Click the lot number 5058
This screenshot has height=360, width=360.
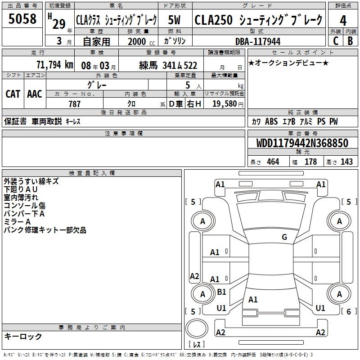click(22, 19)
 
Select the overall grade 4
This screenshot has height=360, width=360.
click(343, 21)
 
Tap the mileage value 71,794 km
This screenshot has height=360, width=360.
click(55, 65)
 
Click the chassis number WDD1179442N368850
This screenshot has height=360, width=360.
click(302, 143)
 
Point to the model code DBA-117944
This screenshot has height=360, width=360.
click(258, 41)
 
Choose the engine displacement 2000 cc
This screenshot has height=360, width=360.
click(141, 41)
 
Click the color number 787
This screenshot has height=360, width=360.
click(74, 104)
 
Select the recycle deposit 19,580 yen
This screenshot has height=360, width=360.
click(228, 104)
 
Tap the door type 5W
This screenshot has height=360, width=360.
click(174, 20)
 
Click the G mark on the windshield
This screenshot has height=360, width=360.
click(284, 237)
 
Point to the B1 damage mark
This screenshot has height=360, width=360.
click(221, 292)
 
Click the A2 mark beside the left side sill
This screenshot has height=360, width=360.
click(194, 276)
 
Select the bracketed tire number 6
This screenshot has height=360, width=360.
click(349, 311)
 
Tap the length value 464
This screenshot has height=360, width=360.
click(273, 162)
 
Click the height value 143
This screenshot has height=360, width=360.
click(346, 162)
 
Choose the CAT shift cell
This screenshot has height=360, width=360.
click(13, 94)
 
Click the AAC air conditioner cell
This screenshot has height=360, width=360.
click(35, 94)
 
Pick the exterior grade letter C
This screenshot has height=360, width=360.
click(336, 41)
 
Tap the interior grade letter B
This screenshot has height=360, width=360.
click(351, 41)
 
